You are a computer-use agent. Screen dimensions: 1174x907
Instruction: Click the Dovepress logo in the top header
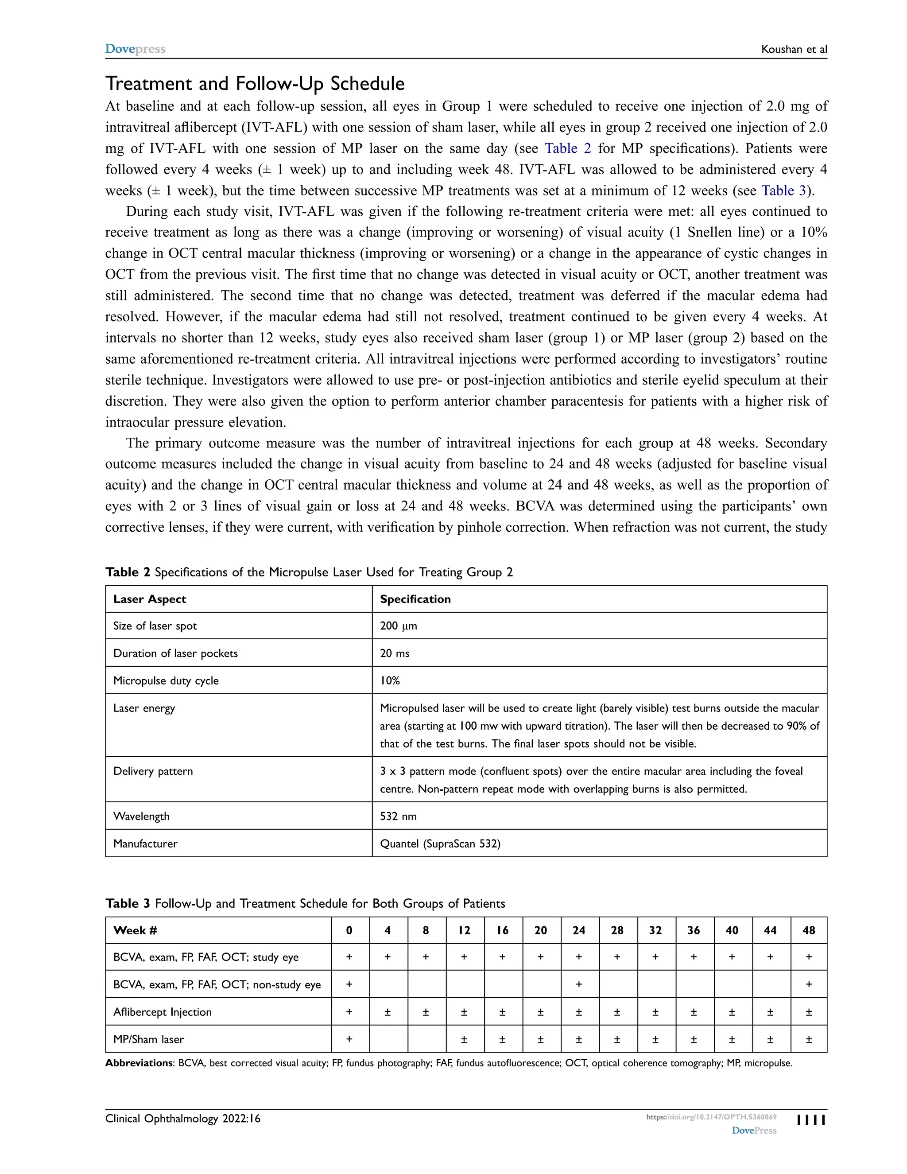135,49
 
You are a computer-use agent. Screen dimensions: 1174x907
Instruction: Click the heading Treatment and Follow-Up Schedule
255,83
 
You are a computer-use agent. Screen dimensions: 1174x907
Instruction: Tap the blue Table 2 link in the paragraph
567,148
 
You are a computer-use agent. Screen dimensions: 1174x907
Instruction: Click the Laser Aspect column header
149,599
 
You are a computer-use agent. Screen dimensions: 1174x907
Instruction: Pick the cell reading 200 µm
398,626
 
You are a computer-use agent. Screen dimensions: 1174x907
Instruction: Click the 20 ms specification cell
395,653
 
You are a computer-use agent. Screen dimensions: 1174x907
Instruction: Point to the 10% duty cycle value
390,680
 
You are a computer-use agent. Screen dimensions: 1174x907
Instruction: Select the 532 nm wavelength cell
398,816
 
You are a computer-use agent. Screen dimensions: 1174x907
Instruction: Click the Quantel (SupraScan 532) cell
440,844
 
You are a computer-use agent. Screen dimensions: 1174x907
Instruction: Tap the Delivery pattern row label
153,771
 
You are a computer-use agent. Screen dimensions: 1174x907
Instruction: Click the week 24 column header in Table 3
579,930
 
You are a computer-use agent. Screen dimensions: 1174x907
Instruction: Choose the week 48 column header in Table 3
808,930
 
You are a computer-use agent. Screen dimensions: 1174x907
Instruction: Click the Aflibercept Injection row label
162,1012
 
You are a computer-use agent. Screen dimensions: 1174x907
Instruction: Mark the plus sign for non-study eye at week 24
579,984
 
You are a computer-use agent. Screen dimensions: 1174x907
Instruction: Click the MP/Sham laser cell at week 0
349,1039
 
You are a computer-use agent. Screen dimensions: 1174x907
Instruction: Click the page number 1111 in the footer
811,1120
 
